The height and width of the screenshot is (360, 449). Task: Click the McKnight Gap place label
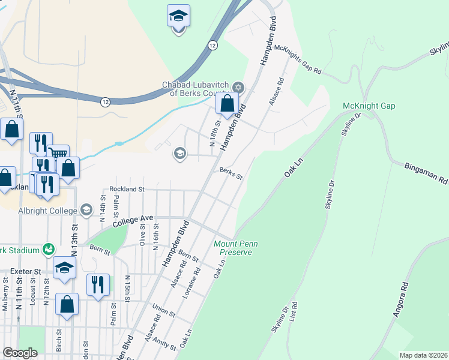pos(369,106)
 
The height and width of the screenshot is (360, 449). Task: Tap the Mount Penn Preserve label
pos(232,248)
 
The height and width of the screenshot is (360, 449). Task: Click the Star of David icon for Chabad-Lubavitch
pos(238,88)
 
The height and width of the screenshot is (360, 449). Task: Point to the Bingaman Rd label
pos(426,172)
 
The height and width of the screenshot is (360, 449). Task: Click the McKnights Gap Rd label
pos(300,61)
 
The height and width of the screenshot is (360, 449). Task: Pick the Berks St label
pos(231,175)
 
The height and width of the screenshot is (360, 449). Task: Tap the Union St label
pos(163,311)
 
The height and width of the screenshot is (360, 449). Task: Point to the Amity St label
pos(164,344)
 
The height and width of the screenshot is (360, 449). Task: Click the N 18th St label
pos(214,133)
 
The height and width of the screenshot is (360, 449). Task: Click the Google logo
pos(20,353)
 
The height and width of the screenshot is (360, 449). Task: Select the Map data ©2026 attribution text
pos(423,355)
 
